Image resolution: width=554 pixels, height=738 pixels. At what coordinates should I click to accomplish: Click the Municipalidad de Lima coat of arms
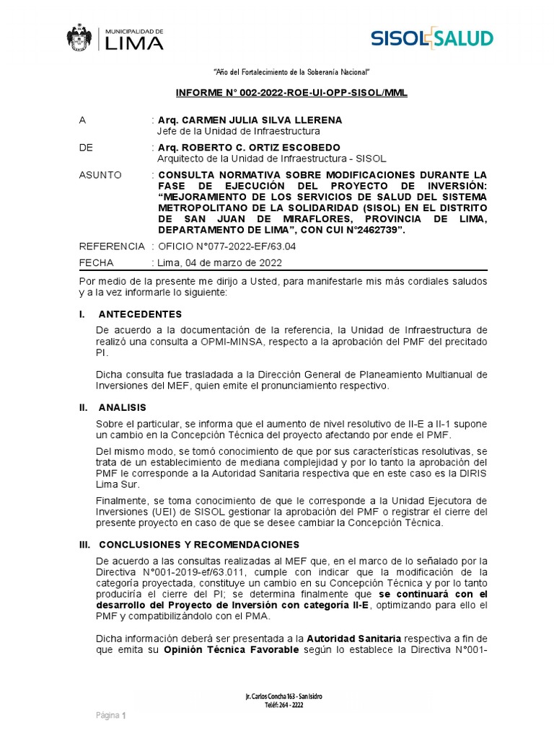point(80,38)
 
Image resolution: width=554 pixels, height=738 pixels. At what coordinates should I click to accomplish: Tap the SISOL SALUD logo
point(432,38)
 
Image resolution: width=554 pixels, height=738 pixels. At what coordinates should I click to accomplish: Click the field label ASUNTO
point(100,175)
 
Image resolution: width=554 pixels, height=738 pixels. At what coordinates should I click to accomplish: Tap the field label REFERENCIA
point(112,246)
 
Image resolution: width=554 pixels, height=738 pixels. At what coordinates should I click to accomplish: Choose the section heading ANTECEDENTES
point(140,314)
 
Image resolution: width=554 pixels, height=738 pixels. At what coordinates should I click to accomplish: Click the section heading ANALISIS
point(122,407)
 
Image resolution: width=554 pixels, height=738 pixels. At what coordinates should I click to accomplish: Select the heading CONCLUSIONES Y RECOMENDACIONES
point(198,544)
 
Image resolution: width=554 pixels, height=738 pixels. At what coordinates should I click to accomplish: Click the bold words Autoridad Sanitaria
point(354,639)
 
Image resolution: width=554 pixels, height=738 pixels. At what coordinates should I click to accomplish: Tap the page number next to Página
point(124,716)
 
